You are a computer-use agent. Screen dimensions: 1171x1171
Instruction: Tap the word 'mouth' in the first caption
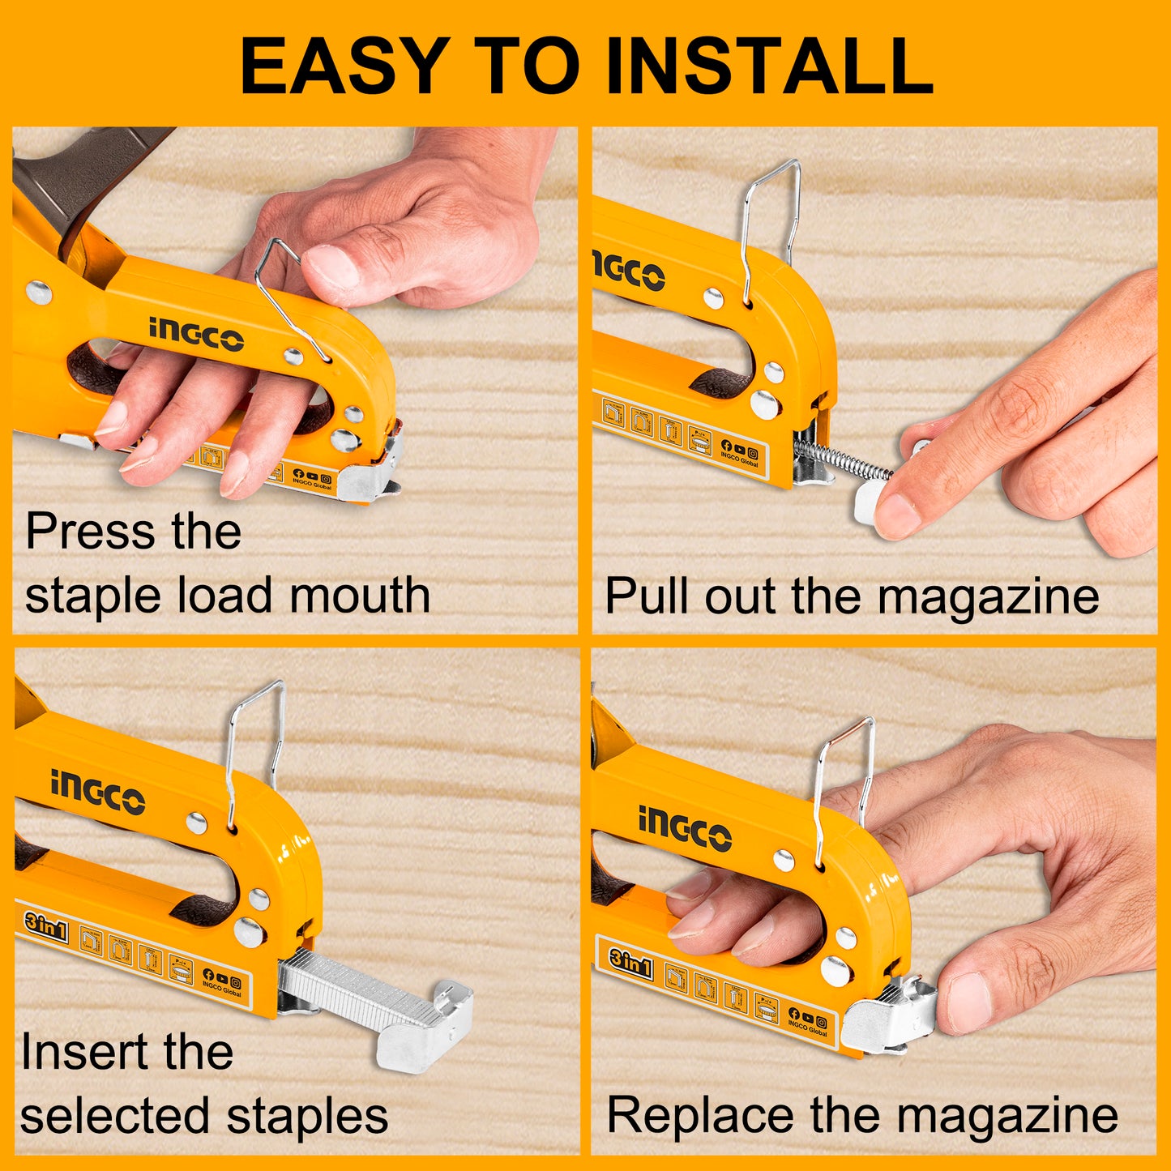[360, 596]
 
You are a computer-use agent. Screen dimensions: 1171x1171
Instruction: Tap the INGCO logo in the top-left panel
[195, 334]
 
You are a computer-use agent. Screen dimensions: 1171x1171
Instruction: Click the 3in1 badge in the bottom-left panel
[45, 927]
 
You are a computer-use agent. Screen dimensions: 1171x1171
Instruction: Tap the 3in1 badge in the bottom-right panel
[630, 964]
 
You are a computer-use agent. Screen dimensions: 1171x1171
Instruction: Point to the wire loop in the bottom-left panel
[254, 746]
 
